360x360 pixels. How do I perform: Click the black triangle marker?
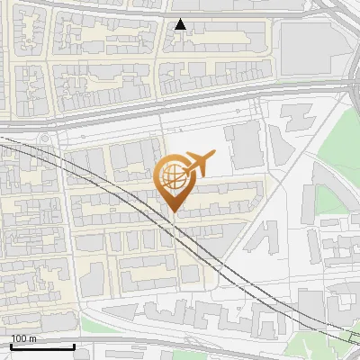181,24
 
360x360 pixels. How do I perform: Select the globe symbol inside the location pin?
171,175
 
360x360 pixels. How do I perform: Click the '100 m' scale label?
24,338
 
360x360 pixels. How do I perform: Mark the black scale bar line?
42,346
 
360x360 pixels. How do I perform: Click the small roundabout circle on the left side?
44,140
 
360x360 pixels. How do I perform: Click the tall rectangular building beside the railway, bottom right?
310,306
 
